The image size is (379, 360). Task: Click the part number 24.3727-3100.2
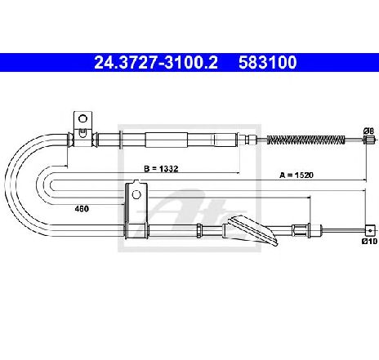[156, 62]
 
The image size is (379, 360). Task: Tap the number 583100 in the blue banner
[268, 62]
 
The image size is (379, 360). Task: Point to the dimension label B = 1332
[161, 169]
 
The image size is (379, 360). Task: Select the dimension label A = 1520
[297, 175]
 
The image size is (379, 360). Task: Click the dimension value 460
[82, 209]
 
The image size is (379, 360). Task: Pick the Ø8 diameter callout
[368, 131]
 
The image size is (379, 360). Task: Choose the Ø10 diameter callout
[369, 241]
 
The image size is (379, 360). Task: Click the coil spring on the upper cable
[306, 140]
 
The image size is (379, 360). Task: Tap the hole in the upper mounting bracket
[82, 118]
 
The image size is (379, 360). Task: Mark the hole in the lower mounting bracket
[136, 194]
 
